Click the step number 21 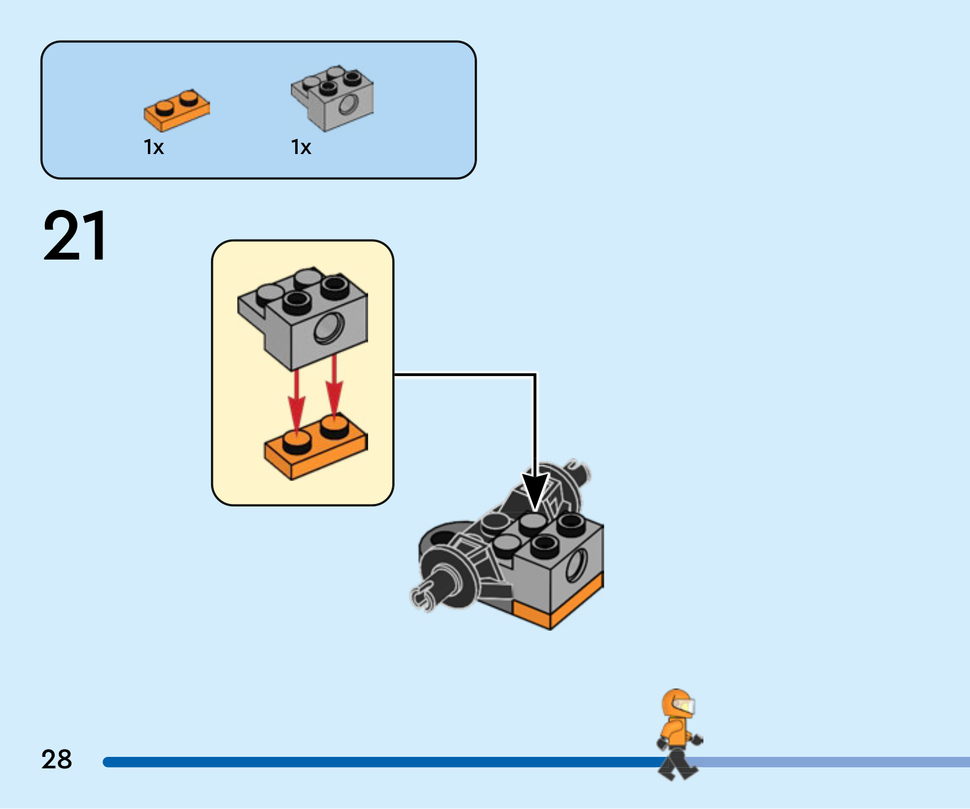(75, 235)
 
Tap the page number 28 (56, 759)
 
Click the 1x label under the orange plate (153, 147)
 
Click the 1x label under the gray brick (301, 147)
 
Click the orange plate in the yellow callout (316, 446)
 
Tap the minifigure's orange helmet (678, 704)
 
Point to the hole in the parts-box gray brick (348, 106)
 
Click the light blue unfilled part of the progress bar (834, 762)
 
